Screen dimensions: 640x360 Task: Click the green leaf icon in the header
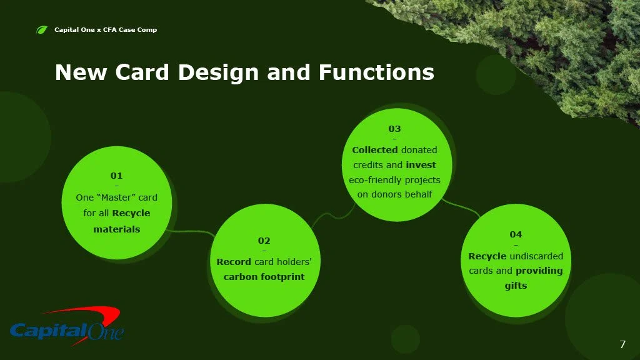tap(42, 30)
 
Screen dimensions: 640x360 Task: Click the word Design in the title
tap(218, 72)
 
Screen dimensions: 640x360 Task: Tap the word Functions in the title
tap(376, 72)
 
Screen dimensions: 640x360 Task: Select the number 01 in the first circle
tap(116, 176)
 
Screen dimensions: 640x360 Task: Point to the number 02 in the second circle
tap(264, 241)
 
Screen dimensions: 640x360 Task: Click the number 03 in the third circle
tap(394, 129)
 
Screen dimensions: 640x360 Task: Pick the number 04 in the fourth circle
tap(516, 234)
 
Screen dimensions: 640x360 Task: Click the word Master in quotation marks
tap(116, 197)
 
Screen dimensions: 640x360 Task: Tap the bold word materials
tap(117, 229)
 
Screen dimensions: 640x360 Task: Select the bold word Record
tap(234, 262)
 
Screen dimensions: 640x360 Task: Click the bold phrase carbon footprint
tap(264, 277)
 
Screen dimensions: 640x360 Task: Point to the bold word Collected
tap(375, 150)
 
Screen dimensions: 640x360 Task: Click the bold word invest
tap(421, 165)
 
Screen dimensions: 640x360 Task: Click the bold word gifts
tap(516, 286)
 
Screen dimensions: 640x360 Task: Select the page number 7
tap(622, 344)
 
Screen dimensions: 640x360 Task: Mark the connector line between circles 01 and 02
tap(190, 232)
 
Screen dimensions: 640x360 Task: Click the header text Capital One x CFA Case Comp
tap(106, 30)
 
